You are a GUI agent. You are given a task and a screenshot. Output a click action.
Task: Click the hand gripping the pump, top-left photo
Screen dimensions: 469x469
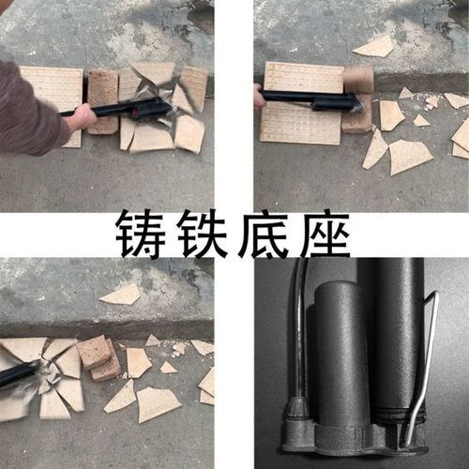pos(81,116)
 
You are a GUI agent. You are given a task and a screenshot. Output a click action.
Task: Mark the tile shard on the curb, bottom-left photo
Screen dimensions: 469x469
pos(122,295)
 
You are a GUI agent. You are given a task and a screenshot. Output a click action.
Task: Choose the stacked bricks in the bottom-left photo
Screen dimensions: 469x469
pos(98,356)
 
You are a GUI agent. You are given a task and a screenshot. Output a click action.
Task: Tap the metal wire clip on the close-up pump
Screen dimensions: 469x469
pos(422,366)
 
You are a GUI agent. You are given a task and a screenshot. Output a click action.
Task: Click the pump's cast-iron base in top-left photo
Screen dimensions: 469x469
pos(150,110)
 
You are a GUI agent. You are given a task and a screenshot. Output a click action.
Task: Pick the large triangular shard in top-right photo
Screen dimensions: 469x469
pos(409,156)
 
